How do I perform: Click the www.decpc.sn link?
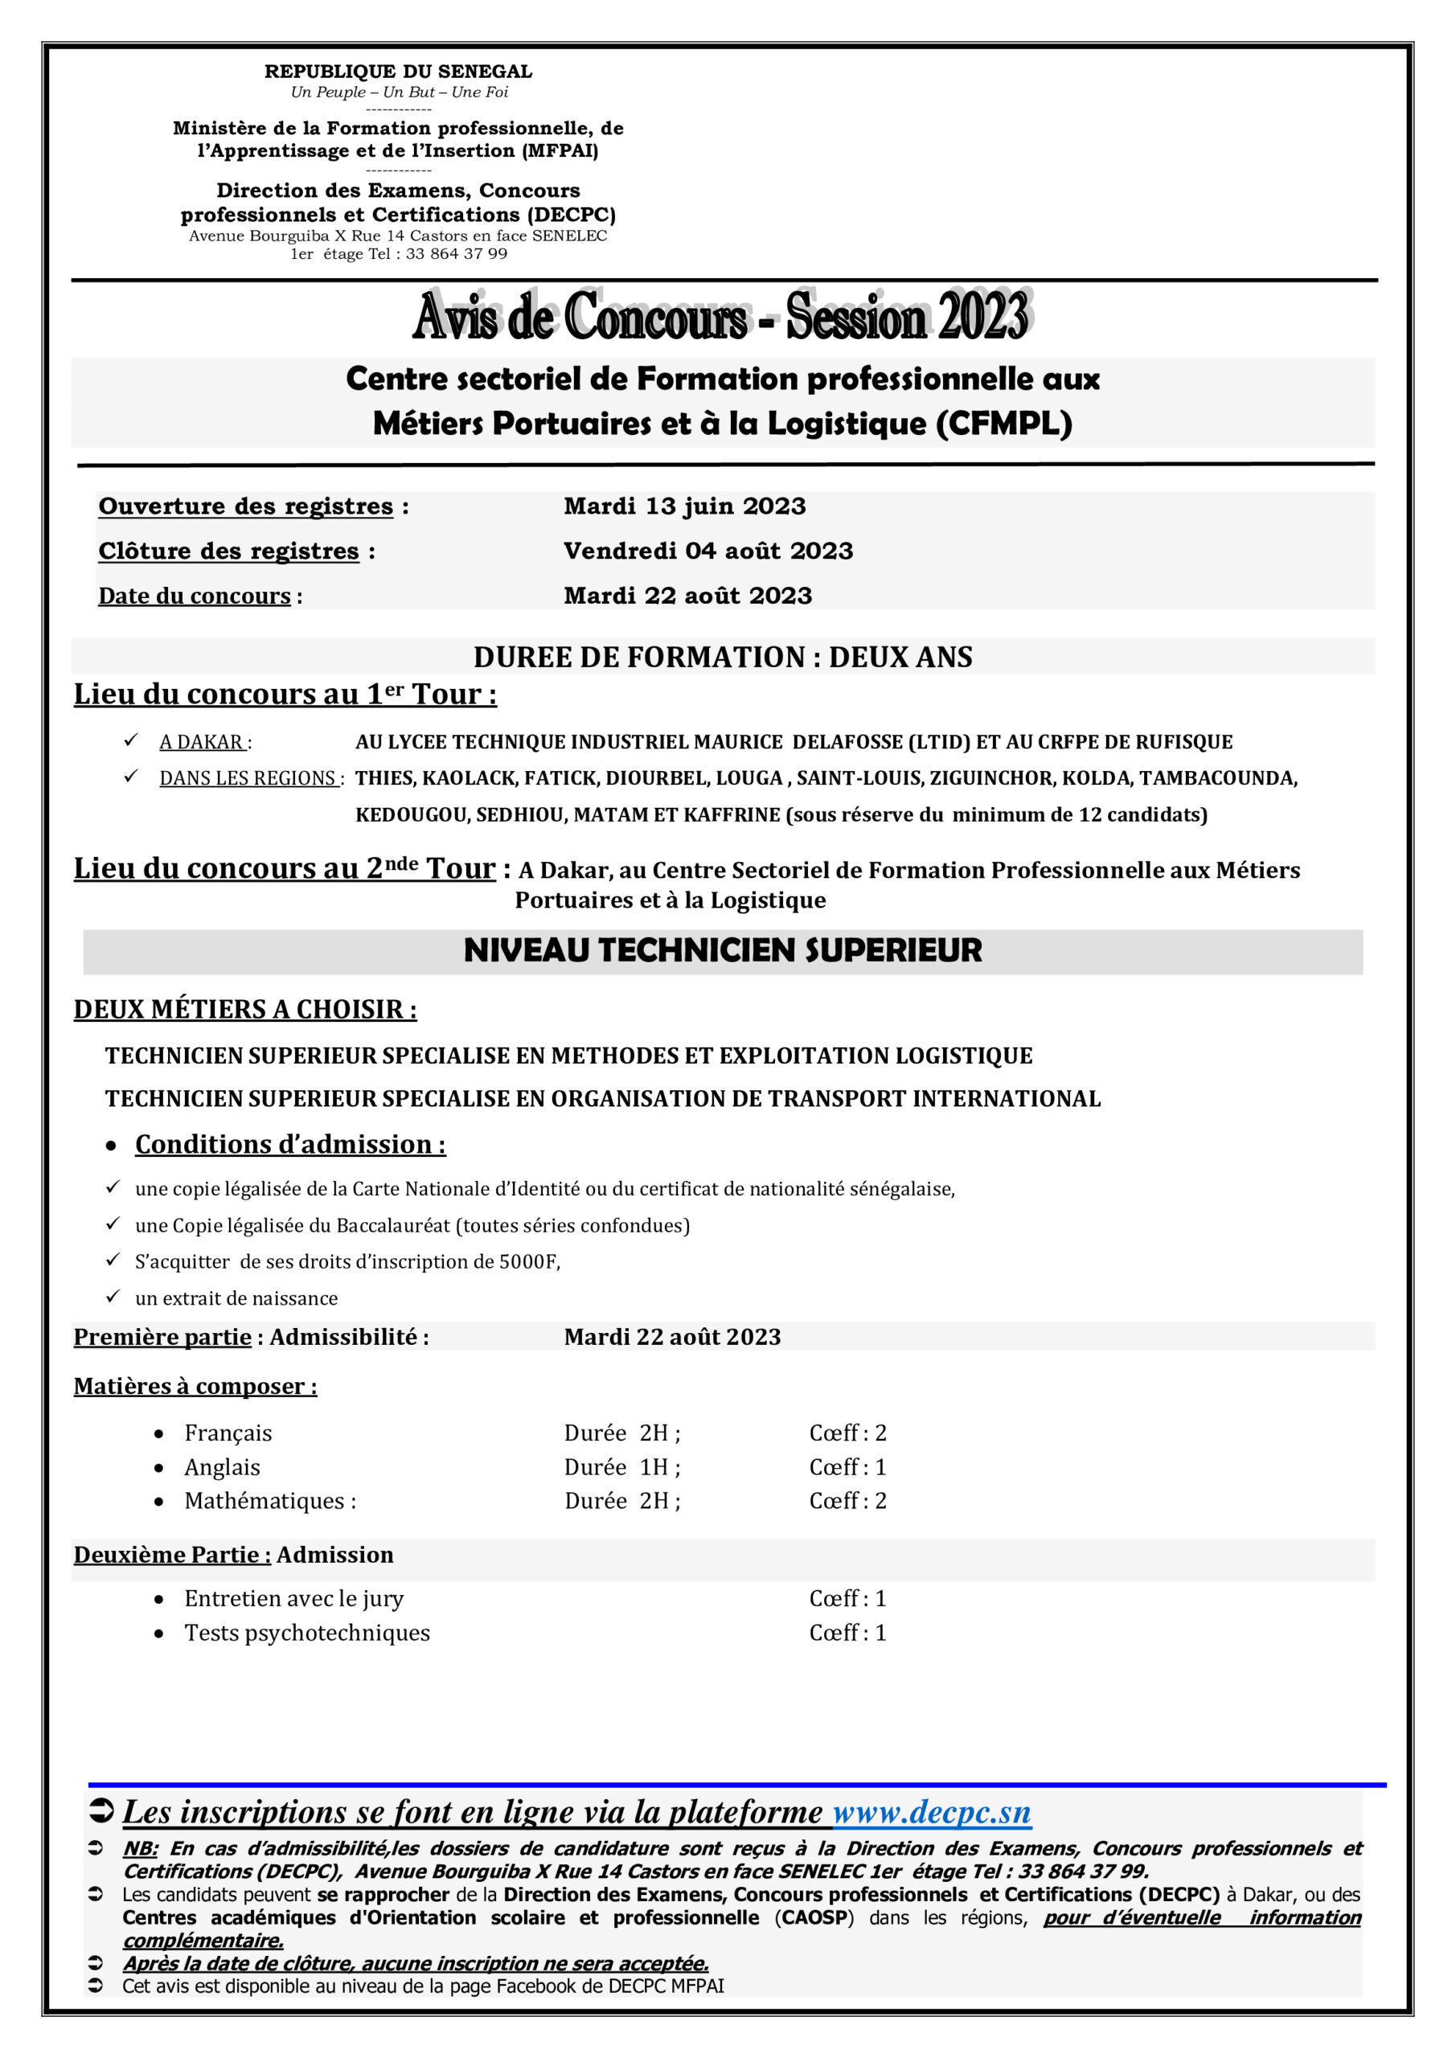point(932,1812)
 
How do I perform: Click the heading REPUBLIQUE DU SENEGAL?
point(398,72)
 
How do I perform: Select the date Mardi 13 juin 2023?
point(685,506)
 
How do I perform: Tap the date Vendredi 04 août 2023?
point(708,551)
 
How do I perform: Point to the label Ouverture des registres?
point(246,506)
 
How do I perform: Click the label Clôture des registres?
point(228,551)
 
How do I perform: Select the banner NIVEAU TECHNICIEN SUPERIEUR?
point(723,951)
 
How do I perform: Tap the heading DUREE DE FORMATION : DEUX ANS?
point(723,657)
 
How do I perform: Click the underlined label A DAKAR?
point(202,742)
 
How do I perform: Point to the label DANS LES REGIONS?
point(248,778)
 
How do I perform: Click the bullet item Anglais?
point(223,1467)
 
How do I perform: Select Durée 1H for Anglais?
point(622,1467)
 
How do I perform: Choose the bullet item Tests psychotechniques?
point(307,1633)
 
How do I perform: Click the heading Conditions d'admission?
point(289,1145)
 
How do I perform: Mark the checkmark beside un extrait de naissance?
point(113,1296)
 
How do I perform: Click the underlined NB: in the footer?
point(140,1849)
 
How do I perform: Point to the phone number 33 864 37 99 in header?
point(457,255)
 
